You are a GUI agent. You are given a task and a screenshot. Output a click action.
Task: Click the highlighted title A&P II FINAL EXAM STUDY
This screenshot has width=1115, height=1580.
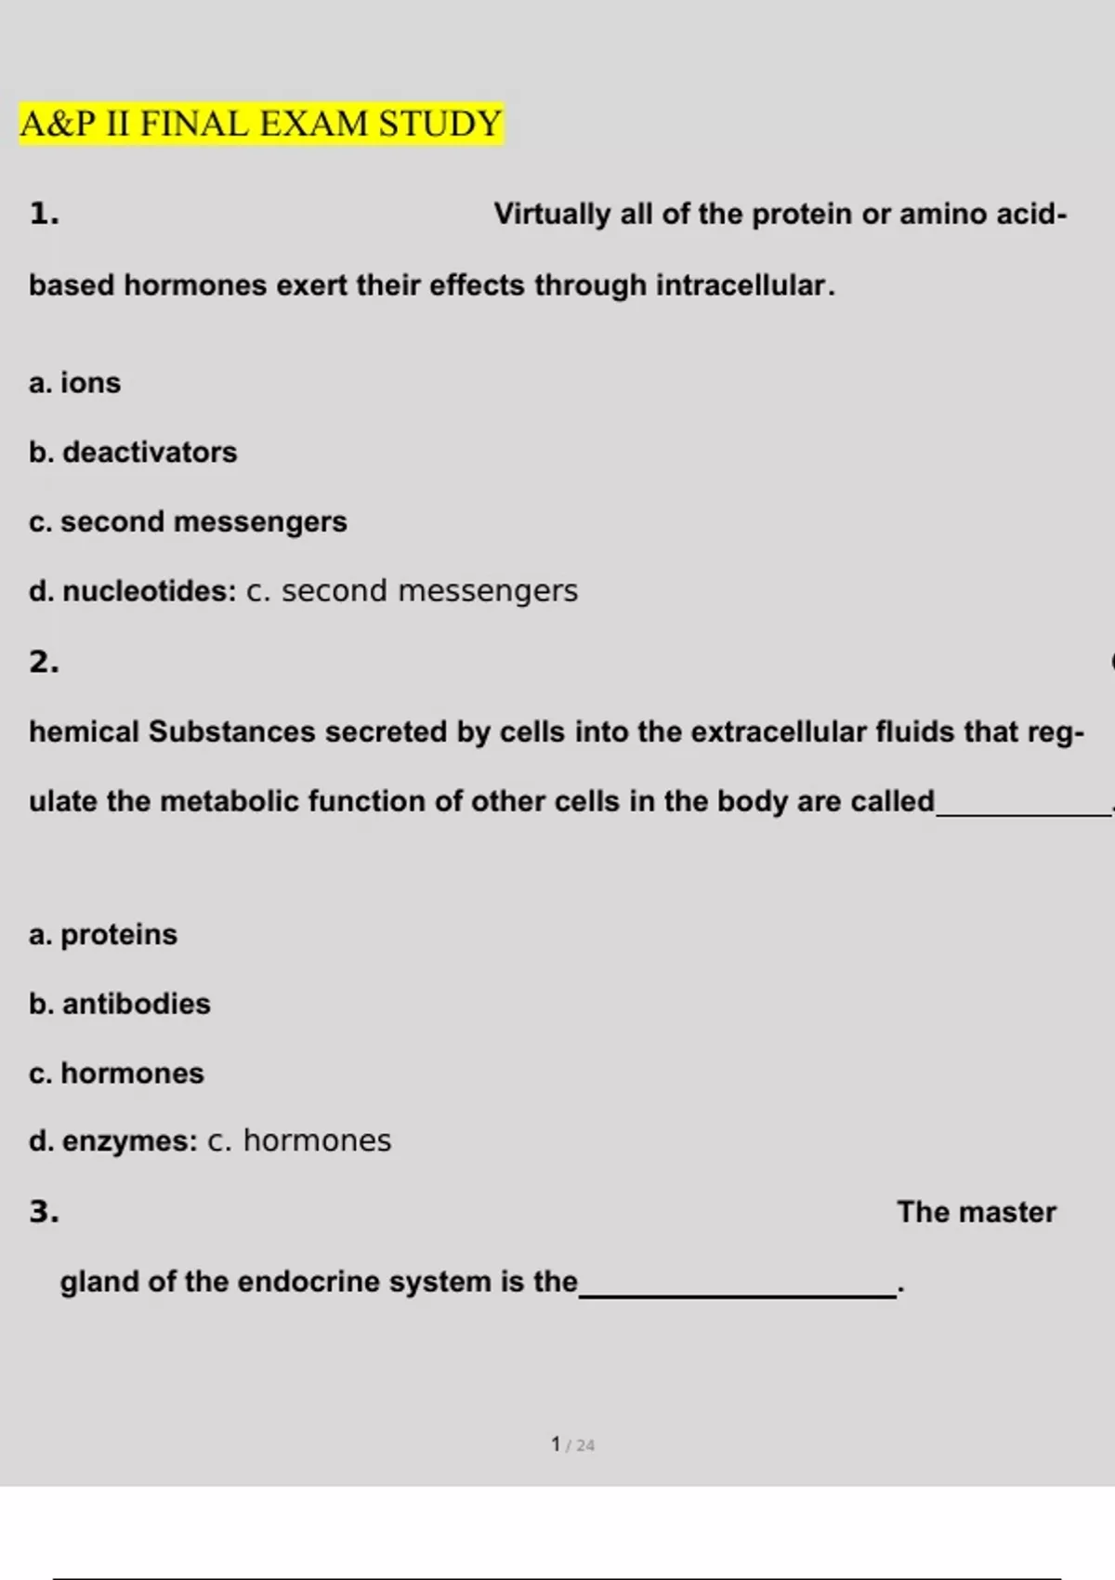(261, 124)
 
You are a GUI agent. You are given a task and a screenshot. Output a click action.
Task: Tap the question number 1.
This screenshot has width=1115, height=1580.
(44, 214)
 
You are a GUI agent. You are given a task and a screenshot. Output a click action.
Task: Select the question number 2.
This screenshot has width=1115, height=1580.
(44, 662)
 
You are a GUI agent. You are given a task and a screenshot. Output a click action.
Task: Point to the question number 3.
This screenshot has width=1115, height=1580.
(44, 1212)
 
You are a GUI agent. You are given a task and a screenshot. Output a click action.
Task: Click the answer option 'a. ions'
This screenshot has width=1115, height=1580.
(75, 383)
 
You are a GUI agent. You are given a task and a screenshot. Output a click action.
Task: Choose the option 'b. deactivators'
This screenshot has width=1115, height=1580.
(133, 453)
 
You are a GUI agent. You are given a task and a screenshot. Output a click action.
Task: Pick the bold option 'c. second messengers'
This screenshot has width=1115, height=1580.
(188, 522)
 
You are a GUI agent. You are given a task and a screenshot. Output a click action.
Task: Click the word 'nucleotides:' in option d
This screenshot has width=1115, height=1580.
(150, 591)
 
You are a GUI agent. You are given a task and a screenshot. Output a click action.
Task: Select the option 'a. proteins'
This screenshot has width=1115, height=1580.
(103, 934)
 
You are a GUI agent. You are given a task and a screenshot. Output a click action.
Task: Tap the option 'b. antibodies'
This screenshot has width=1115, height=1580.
(120, 1004)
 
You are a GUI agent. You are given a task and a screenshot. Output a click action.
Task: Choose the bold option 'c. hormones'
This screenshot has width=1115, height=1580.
(116, 1073)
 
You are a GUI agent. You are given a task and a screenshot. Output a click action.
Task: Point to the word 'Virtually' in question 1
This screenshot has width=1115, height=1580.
(552, 214)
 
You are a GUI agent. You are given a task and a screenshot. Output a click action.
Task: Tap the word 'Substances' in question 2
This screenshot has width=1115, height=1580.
(232, 732)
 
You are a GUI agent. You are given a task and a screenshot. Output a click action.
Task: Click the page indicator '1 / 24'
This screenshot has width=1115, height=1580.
(572, 1444)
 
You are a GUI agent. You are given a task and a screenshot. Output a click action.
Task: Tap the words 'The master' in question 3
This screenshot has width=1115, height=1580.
(977, 1212)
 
